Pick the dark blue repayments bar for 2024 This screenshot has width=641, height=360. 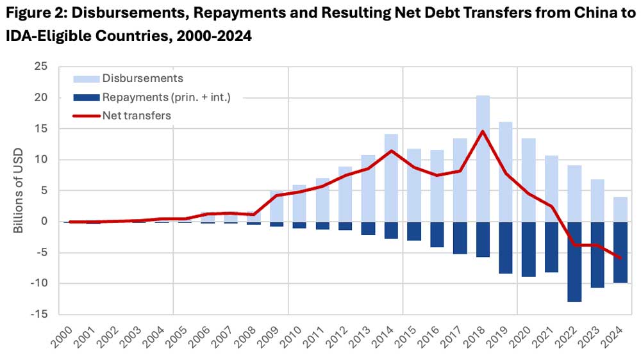(x=620, y=252)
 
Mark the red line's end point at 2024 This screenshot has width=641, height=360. (x=620, y=258)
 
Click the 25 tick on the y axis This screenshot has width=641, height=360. (x=41, y=66)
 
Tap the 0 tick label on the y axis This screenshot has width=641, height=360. (x=44, y=222)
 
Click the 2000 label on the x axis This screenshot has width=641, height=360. (x=62, y=335)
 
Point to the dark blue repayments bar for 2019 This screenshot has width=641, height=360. (x=506, y=247)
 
